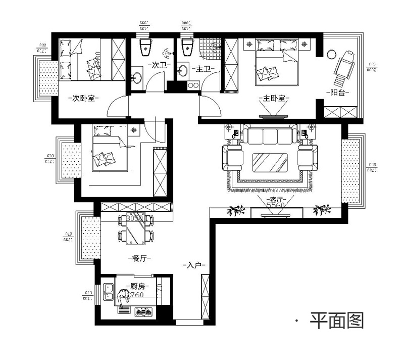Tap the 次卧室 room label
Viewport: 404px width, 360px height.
coord(84,98)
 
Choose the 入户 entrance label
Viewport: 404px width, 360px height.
coord(194,265)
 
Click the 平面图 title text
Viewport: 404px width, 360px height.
coord(337,320)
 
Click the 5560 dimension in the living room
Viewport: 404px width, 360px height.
coord(276,206)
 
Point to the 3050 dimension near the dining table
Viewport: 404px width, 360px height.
coord(134,219)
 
